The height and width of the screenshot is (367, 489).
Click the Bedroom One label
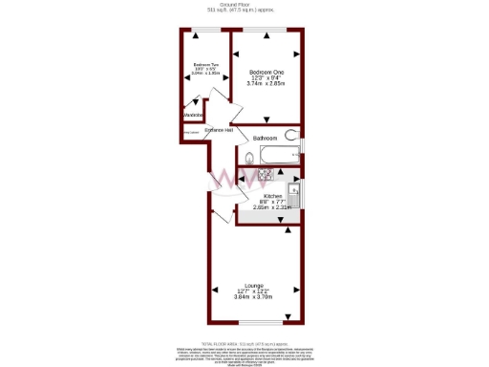tap(266, 73)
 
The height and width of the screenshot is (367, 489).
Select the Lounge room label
tap(253, 286)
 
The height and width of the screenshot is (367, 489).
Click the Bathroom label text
tap(266, 139)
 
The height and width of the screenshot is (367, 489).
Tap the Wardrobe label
tap(194, 117)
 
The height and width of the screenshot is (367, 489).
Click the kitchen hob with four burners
tap(266, 175)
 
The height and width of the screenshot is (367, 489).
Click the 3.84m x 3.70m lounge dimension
tap(253, 297)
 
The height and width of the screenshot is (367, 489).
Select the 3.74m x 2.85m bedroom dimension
tap(266, 84)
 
